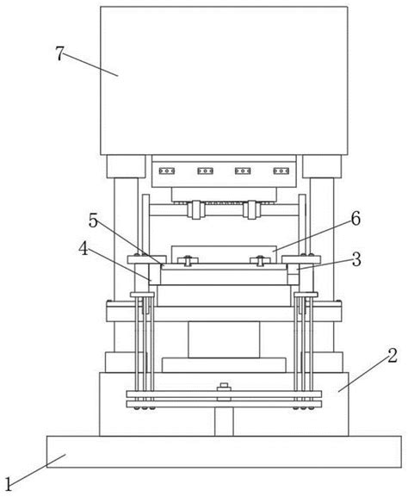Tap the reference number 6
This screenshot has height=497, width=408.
pos(355,219)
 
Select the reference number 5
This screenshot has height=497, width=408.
pos(93,221)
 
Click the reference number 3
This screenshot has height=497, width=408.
pos(356,259)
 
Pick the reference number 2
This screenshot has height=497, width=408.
pos(393,356)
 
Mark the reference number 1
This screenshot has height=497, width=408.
pos(9,484)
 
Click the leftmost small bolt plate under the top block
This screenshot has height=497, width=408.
pos(167,171)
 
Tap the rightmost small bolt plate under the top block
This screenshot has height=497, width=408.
pos(281,171)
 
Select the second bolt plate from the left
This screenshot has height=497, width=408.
pos(205,171)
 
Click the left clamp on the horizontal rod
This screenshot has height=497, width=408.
pos(195,209)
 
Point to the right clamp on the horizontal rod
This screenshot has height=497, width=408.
pos(251,209)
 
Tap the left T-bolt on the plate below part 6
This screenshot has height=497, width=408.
pos(188,260)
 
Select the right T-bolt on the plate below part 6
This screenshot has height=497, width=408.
pos(261,260)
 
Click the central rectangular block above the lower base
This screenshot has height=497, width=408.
pos(224,339)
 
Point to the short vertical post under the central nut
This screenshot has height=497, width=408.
pos(224,421)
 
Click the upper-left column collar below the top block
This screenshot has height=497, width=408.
pos(126,166)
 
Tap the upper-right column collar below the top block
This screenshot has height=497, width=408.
pos(322,166)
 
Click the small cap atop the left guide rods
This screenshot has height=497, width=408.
pos(142,295)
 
